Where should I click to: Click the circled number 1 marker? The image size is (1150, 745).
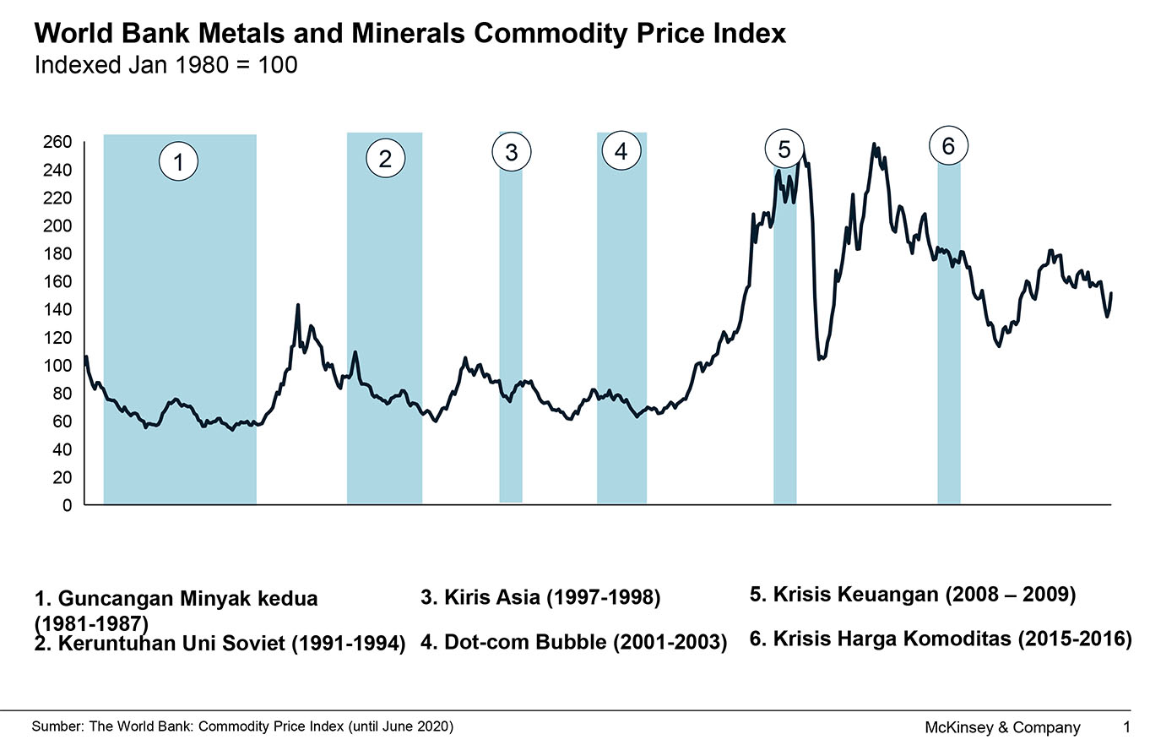[x=178, y=162]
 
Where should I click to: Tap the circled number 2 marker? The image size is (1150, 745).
[x=386, y=159]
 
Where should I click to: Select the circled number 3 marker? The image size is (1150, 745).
[x=511, y=152]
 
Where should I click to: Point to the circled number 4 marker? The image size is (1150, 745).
[x=621, y=152]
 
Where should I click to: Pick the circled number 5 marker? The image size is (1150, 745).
[x=784, y=150]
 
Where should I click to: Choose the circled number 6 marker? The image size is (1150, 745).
[x=948, y=145]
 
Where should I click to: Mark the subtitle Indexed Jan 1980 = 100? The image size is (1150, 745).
[x=165, y=65]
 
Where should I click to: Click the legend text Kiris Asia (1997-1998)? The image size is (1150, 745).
[x=540, y=598]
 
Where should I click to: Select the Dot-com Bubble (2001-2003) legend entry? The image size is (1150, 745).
[x=573, y=642]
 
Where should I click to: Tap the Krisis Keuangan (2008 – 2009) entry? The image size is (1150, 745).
[x=912, y=595]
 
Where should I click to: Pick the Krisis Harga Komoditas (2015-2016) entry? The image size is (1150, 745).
[x=940, y=639]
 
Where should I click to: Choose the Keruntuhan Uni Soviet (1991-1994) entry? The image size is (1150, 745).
[x=220, y=643]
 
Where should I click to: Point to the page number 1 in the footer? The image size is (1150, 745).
[x=1126, y=726]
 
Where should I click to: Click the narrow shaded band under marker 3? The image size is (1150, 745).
[x=511, y=338]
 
